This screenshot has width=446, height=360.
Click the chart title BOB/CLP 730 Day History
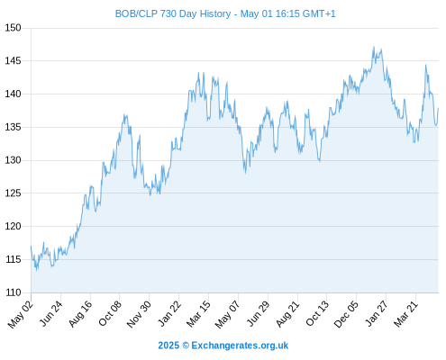point(173,13)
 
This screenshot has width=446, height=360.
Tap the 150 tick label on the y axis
point(13,28)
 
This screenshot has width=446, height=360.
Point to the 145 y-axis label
point(13,61)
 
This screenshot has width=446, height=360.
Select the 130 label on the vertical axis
point(13,160)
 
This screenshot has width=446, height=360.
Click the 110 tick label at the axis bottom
point(13,292)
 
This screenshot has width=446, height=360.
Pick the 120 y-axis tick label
point(13,226)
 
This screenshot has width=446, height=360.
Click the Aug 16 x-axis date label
point(80,313)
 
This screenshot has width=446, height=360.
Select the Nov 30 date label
point(139,314)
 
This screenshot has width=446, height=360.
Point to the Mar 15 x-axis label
point(198,314)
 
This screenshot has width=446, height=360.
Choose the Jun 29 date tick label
point(258,313)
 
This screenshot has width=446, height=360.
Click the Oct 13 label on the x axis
point(317,313)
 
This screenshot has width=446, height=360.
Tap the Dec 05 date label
point(346,314)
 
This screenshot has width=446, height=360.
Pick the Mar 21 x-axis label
point(405,314)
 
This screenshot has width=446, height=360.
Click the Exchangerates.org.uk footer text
point(240,346)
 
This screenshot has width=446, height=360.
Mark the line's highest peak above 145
point(374,47)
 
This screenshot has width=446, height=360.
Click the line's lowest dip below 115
point(37,270)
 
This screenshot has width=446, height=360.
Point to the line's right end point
point(438,108)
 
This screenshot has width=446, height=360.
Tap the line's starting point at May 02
point(31,247)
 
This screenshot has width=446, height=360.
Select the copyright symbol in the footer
point(186,346)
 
